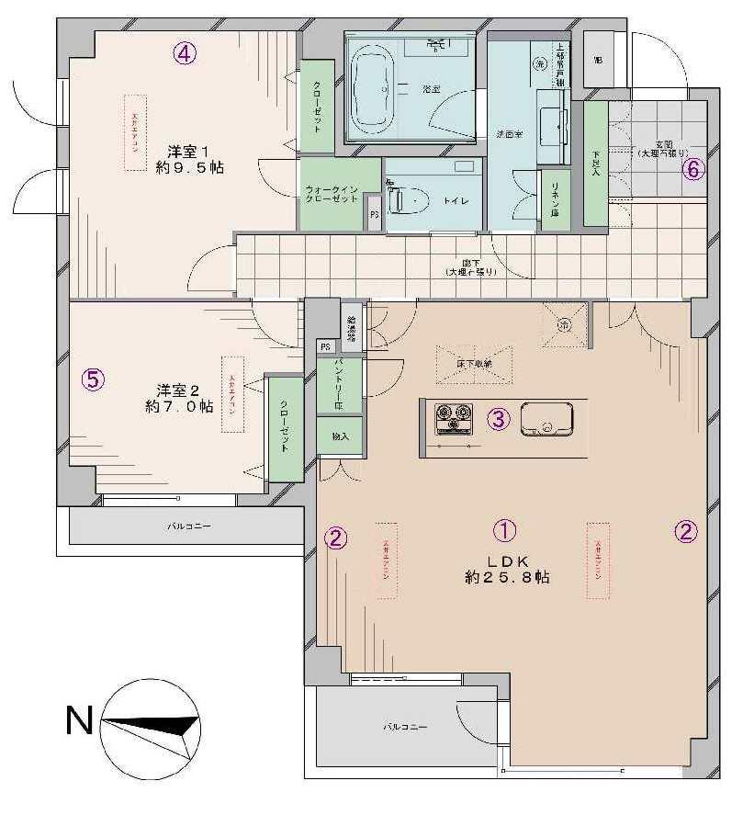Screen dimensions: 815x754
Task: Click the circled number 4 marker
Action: (x=185, y=54)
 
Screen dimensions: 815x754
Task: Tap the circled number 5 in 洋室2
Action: (x=93, y=379)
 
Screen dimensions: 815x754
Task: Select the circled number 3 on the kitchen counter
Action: (x=498, y=420)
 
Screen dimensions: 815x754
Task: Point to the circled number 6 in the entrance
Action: (x=694, y=169)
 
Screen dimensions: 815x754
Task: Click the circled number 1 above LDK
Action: (x=504, y=530)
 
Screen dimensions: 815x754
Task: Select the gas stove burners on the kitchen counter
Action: (x=453, y=420)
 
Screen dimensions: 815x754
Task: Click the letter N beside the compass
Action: (x=79, y=720)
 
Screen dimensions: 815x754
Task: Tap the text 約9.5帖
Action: (x=190, y=168)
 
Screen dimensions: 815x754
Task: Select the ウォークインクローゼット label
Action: (x=332, y=195)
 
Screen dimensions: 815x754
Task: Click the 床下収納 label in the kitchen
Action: (x=474, y=364)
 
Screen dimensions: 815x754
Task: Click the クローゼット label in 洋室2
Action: (x=285, y=428)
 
